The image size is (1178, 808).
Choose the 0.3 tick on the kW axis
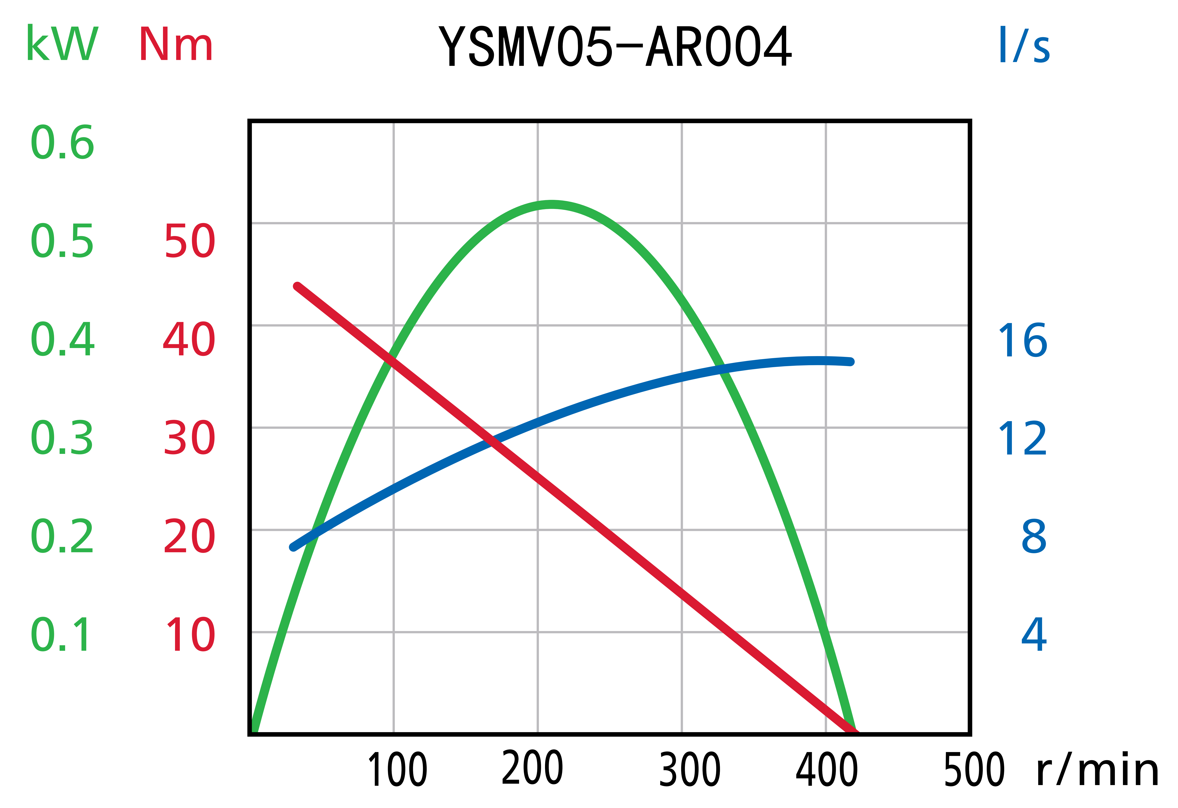point(62,437)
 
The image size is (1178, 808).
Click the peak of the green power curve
point(552,204)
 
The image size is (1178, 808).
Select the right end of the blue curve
point(851,362)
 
